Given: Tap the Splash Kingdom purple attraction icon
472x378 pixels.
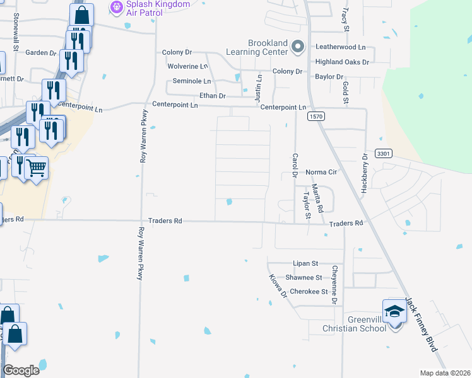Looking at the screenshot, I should click(116, 8).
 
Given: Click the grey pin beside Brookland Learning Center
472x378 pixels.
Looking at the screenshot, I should click(298, 46).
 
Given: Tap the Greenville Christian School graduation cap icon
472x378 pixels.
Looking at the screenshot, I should click(394, 312).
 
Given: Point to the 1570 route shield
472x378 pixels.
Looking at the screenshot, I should click(316, 117).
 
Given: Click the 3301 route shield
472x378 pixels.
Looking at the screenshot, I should click(384, 153).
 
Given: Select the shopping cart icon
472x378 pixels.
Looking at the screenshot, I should click(37, 168).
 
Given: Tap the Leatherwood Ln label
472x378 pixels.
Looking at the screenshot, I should click(341, 47).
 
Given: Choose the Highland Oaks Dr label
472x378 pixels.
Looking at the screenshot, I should click(342, 62).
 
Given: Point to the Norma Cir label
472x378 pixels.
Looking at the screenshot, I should click(322, 172).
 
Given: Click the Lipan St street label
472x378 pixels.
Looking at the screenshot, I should click(305, 263).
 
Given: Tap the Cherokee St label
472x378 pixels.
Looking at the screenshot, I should click(309, 292).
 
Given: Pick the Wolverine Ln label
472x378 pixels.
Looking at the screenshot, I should click(187, 66).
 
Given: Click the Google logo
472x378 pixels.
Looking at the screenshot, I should click(21, 370).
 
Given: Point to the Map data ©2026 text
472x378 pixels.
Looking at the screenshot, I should click(445, 373).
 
